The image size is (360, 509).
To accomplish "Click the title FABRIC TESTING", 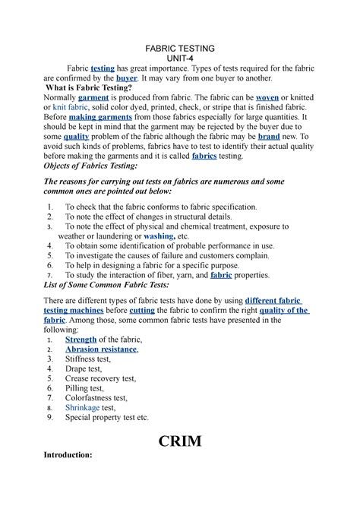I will (180, 48).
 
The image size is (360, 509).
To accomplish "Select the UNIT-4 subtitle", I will (180, 58).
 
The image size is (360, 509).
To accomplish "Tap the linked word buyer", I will (127, 78).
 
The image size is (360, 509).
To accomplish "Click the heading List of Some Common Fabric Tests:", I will (107, 286).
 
